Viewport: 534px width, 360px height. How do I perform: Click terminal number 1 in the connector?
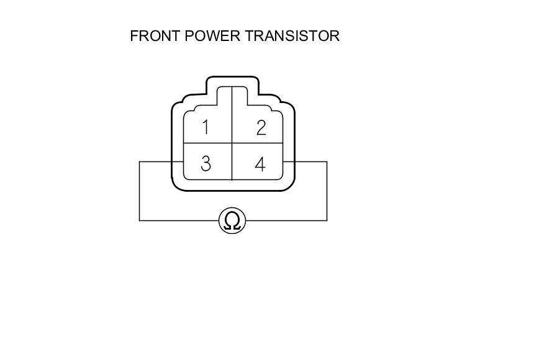tap(206, 128)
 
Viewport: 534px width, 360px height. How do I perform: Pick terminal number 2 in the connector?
tap(261, 128)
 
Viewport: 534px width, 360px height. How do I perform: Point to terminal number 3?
tap(206, 164)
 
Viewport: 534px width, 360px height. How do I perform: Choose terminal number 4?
tap(260, 164)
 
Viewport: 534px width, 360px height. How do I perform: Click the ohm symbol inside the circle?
tap(233, 221)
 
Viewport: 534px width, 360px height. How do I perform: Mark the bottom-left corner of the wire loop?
tap(140, 220)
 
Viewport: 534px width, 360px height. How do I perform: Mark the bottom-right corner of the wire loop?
tap(327, 220)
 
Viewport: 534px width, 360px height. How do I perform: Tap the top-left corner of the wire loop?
tap(140, 162)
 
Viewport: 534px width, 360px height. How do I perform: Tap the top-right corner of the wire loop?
tap(327, 162)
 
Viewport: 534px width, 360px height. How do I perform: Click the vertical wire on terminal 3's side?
tap(140, 191)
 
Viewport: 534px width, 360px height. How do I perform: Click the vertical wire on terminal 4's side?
tap(327, 191)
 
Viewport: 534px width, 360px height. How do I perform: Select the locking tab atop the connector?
tap(232, 83)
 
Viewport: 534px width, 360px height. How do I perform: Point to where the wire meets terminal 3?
tap(183, 162)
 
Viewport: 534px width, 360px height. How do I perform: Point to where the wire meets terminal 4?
tap(283, 162)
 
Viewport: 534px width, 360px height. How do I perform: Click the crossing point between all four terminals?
tap(232, 144)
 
